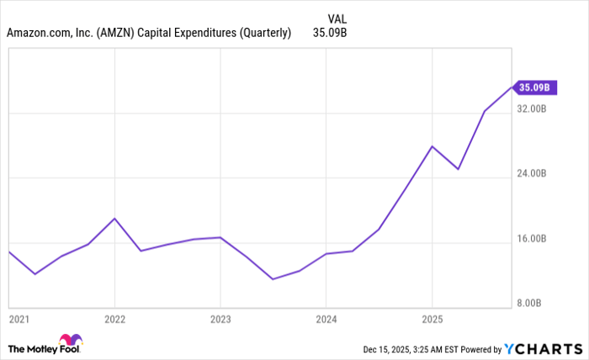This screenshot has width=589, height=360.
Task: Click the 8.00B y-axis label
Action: click(535, 304)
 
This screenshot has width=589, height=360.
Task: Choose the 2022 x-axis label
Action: click(114, 320)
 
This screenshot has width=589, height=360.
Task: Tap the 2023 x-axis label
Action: click(220, 320)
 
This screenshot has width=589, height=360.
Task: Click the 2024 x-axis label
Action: click(326, 320)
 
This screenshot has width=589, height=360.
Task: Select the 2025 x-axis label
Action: click(432, 320)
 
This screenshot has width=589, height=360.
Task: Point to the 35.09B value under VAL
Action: click(330, 34)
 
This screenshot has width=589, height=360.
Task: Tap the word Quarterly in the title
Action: click(261, 34)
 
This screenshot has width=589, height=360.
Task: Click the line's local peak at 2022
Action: click(114, 219)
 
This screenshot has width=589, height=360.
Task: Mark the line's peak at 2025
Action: click(432, 146)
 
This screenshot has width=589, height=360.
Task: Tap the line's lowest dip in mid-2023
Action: click(273, 278)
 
